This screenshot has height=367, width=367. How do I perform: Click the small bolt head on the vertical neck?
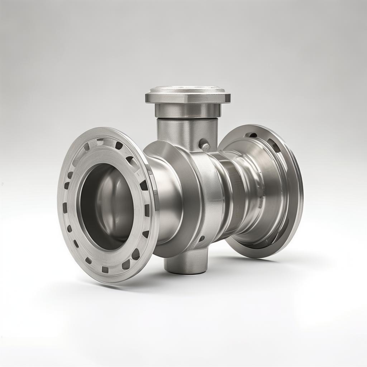(205, 146)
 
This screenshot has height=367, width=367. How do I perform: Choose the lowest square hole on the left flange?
(105, 269)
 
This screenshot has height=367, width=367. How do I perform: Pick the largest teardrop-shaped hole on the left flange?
(135, 254)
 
